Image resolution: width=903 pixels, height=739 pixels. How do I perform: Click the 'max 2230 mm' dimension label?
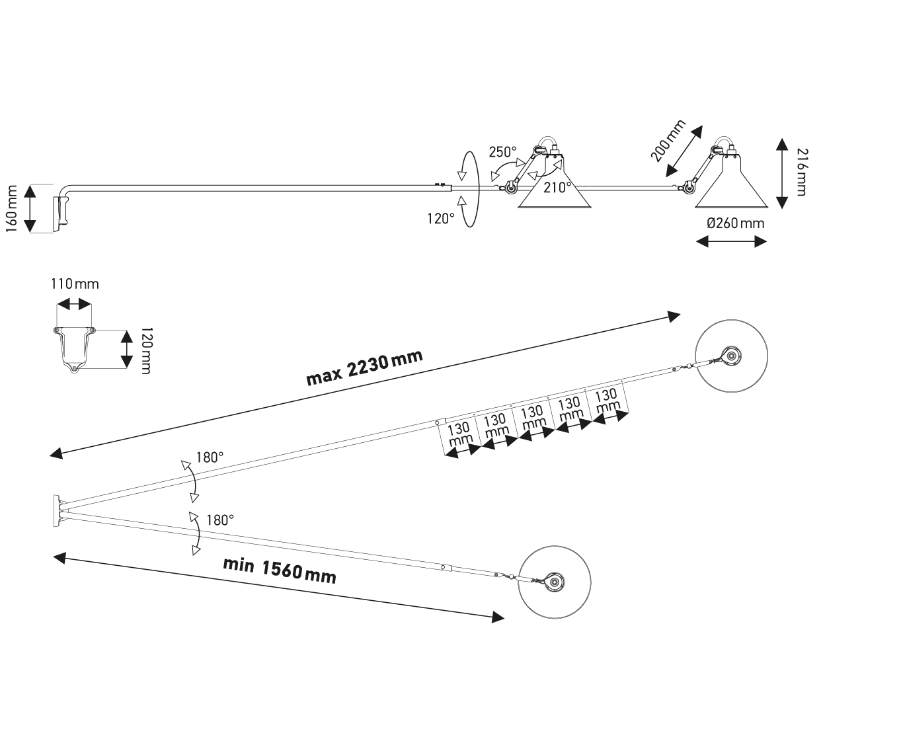[364, 368]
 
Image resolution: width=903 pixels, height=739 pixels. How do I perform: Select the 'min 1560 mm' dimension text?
[280, 570]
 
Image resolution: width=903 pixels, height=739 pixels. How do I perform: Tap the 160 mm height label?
[11, 208]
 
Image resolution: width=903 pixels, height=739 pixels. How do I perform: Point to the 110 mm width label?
[75, 284]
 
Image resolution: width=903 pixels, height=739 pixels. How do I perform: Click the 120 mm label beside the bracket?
[146, 350]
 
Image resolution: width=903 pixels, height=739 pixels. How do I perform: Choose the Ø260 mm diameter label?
[735, 223]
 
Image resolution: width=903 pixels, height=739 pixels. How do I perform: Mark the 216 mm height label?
[801, 173]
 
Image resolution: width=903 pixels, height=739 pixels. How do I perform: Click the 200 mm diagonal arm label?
[668, 141]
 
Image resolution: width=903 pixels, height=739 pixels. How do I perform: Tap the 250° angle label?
[502, 152]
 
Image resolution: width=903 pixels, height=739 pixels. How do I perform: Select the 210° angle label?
[557, 188]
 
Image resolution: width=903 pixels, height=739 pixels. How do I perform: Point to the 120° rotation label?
[440, 218]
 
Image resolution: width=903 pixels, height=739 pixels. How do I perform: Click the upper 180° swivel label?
[210, 457]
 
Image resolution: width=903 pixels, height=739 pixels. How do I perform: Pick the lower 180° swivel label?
[220, 520]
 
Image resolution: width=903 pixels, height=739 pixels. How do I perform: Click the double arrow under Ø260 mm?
[732, 242]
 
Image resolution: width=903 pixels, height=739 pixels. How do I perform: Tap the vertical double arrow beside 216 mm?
[782, 173]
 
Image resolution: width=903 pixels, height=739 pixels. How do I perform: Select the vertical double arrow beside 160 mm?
[30, 208]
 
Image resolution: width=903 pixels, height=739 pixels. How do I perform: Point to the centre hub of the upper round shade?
[731, 356]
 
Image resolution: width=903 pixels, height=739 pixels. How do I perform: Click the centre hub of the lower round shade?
[555, 583]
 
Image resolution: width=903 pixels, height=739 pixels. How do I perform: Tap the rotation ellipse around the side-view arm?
[469, 189]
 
